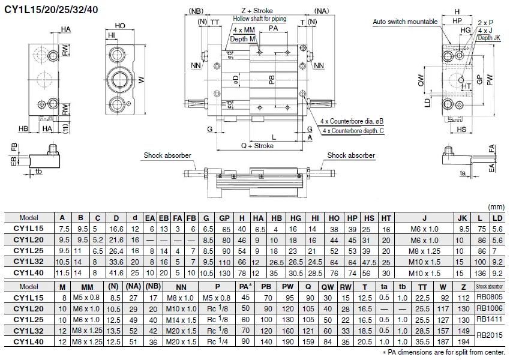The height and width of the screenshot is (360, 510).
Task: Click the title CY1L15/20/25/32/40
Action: click(51, 9)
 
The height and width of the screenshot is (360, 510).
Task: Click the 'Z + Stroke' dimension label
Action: click(257, 11)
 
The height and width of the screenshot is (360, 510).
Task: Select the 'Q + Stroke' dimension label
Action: click(257, 146)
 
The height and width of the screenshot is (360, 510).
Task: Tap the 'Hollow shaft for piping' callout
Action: click(260, 19)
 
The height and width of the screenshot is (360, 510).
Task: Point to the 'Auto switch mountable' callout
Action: click(405, 22)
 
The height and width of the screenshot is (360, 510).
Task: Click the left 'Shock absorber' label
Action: click(167, 155)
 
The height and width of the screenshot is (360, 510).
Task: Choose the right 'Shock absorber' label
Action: click(351, 155)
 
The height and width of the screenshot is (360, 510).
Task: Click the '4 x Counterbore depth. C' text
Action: click(353, 131)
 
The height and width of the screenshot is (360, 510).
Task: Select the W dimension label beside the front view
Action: click(141, 79)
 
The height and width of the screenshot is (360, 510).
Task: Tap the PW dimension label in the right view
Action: click(490, 80)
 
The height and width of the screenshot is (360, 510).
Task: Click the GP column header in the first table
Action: click(224, 218)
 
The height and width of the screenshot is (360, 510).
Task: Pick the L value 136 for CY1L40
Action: click(480, 273)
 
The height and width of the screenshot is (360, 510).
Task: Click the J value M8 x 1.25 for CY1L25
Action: click(424, 251)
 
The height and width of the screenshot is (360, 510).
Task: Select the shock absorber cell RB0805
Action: click(490, 297)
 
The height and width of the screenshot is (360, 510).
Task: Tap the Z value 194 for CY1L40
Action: click(463, 342)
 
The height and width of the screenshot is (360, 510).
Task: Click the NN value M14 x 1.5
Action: click(181, 320)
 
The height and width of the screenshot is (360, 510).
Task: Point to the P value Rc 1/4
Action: click(217, 341)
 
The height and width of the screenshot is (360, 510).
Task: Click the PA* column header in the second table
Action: click(245, 287)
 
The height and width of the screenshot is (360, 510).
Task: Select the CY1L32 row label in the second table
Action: click(29, 331)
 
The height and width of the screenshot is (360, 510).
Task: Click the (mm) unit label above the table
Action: click(496, 207)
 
